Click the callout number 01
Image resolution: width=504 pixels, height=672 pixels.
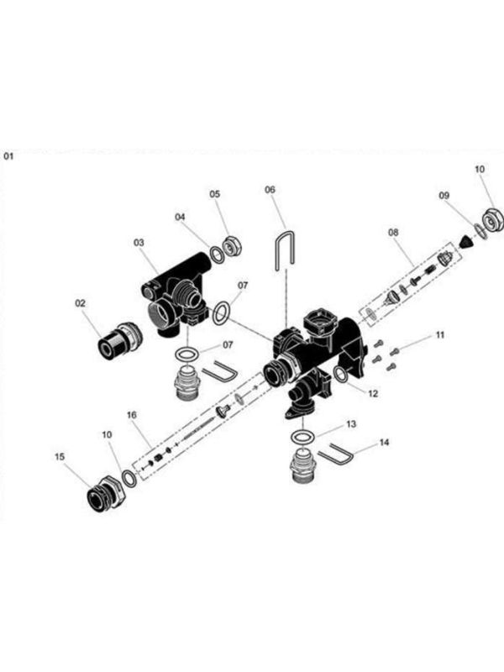pos(9,155)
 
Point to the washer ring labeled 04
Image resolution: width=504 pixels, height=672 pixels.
pos(218,255)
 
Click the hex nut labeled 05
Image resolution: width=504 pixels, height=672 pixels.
pos(234,245)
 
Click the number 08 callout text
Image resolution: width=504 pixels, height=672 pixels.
pos(392,231)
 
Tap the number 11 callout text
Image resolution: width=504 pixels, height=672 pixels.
pos(439,335)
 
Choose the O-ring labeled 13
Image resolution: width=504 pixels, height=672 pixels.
pos(303,436)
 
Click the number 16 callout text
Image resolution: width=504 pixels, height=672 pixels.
pos(131,414)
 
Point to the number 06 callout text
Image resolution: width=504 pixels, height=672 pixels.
pos(270,190)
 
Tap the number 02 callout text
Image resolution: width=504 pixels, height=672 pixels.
pos(81,303)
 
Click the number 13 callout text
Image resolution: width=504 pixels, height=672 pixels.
pos(351,425)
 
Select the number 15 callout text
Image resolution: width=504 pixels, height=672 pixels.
pos(60,457)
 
